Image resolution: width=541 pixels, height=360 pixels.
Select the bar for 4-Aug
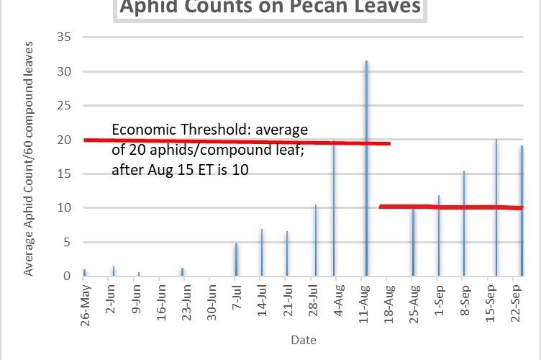point(334,209)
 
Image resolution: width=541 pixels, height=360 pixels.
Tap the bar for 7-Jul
point(235,260)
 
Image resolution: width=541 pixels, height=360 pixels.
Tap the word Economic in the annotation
point(142,130)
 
